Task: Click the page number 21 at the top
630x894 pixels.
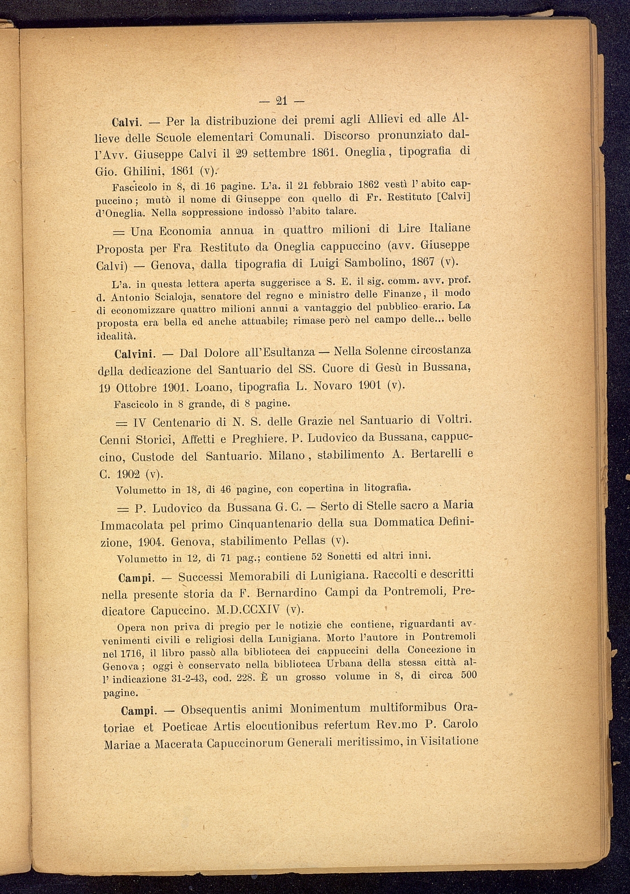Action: [x=282, y=102]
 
